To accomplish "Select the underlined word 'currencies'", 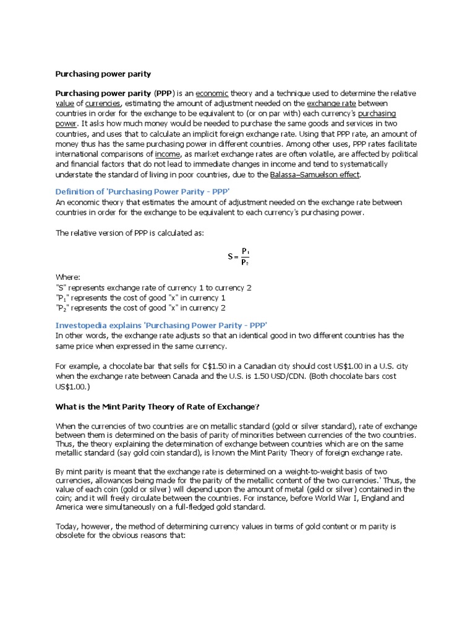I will tap(103, 103).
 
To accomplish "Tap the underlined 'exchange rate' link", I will tap(331, 103).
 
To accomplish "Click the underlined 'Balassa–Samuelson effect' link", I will tap(315, 175).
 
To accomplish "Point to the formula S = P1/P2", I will tap(238, 256).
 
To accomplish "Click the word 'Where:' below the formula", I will tap(67, 278).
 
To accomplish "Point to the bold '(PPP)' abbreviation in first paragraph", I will tap(165, 93).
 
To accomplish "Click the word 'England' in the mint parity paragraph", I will tap(387, 497).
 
